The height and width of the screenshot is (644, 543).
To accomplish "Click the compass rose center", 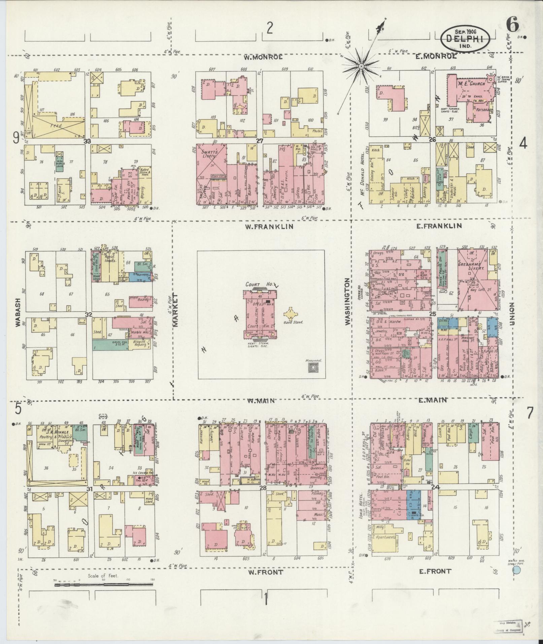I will [x=361, y=66].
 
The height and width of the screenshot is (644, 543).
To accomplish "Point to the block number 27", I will [x=259, y=141].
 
